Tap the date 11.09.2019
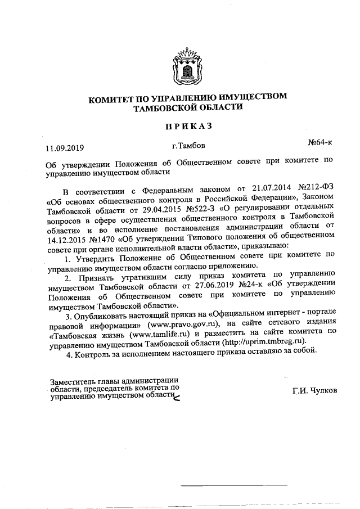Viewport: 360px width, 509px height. [x=65, y=148]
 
